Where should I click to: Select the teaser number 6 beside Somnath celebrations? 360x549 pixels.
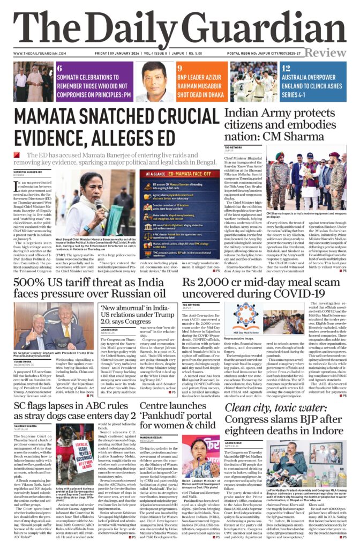click(59, 68)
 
